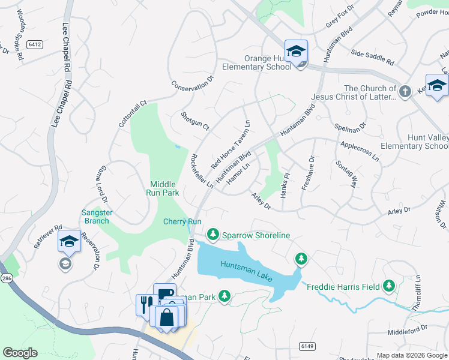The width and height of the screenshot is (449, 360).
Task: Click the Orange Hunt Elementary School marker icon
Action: pos(296,52)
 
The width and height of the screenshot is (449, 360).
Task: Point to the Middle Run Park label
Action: pos(163,188)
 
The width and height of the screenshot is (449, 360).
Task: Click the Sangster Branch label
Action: pos(96,217)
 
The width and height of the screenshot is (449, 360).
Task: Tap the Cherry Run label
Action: pos(182,221)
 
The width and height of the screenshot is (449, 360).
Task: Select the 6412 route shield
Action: pos(34,44)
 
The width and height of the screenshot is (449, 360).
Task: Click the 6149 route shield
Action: pos(307,346)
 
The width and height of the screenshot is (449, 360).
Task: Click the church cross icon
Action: pos(405,92)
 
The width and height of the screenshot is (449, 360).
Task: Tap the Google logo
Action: pos(20,353)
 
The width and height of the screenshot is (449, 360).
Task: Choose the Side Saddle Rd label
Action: pos(372,57)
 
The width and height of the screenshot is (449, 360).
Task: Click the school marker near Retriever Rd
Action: pos(69,242)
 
